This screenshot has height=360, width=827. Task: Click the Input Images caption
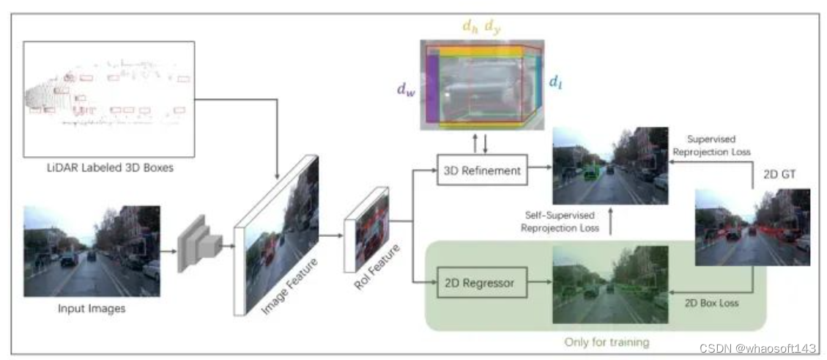[x=92, y=309]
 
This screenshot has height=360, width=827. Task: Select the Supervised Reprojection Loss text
[x=714, y=145]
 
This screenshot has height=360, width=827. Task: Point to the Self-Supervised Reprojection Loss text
[x=560, y=221]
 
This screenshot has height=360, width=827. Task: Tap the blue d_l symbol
[x=556, y=83]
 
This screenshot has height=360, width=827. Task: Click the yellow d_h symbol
[x=470, y=26]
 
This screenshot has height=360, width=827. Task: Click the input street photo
[x=92, y=251]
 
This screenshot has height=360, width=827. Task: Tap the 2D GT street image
[x=752, y=227]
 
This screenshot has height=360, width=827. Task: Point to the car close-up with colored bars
[x=481, y=84]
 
